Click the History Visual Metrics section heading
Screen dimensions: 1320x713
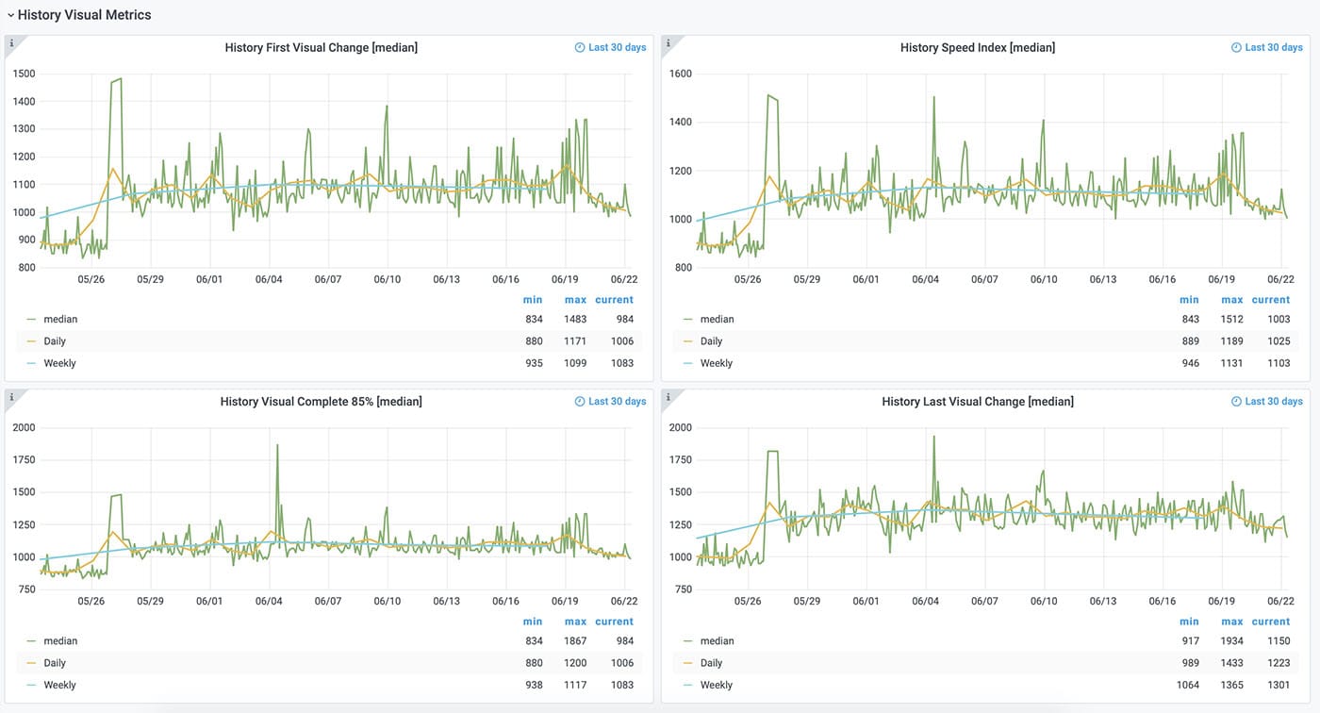[84, 15]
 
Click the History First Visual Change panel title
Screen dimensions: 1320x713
[321, 47]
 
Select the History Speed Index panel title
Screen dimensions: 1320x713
[977, 47]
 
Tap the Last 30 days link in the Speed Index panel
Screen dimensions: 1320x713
[1274, 47]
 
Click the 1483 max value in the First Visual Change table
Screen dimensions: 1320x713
[575, 319]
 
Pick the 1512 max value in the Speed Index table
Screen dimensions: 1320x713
[1231, 319]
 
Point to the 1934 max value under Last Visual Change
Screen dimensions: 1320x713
[1231, 640]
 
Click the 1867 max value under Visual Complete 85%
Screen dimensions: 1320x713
[575, 640]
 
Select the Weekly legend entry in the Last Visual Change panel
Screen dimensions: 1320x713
[717, 685]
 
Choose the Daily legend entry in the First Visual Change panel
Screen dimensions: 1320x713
[55, 340]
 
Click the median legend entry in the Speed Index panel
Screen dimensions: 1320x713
[718, 319]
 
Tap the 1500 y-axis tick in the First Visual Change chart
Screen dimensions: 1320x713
[24, 74]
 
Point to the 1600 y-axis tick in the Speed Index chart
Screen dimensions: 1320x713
[680, 74]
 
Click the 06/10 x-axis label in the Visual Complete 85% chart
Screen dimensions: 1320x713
[387, 601]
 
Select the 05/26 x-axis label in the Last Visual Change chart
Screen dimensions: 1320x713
[748, 601]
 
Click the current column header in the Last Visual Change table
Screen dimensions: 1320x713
[1271, 622]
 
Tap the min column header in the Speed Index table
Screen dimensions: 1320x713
[1189, 300]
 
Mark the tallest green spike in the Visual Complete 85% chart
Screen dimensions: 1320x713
[277, 445]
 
